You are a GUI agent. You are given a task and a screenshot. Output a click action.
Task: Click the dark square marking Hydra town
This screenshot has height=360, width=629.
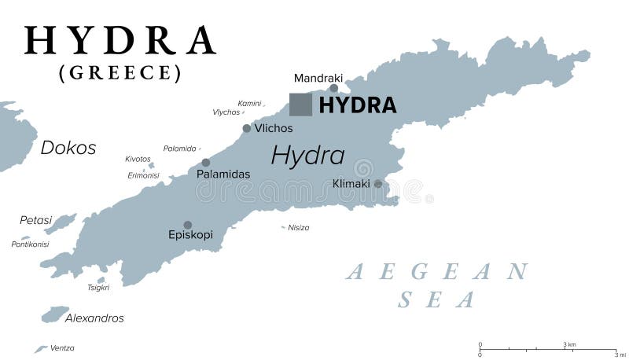[300, 105]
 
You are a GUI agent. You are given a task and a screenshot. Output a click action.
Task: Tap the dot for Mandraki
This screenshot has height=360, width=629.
[333, 89]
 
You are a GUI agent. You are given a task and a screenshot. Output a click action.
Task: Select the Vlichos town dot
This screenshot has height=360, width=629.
[247, 128]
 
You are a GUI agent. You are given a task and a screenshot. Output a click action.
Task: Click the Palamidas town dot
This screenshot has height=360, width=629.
[206, 162]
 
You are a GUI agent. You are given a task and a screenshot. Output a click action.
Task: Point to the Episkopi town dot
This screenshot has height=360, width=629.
[187, 225]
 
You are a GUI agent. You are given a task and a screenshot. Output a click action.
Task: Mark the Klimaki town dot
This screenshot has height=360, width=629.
[377, 184]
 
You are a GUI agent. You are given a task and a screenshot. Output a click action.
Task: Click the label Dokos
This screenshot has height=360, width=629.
[68, 148]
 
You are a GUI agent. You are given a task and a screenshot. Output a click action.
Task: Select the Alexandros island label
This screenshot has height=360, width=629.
[94, 318]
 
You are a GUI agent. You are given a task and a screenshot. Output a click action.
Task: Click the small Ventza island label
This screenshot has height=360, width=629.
[62, 347]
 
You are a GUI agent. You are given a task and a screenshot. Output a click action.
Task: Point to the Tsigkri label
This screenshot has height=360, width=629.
[98, 288]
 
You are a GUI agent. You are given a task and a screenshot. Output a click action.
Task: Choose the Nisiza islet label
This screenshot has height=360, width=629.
[299, 228]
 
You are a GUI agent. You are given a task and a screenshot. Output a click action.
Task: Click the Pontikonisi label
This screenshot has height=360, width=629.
[31, 244]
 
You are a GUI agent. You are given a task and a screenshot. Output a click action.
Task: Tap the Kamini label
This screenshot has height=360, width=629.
[249, 103]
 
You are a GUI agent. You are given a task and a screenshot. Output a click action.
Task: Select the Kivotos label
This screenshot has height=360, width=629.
[138, 159]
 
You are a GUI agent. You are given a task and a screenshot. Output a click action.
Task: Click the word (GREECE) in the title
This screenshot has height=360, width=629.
[120, 73]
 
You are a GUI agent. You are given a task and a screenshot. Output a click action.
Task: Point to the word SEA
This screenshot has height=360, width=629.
[437, 299]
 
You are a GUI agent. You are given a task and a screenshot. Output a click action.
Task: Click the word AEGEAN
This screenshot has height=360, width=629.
[437, 272]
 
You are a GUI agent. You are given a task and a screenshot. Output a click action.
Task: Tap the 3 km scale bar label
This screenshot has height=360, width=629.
[570, 344]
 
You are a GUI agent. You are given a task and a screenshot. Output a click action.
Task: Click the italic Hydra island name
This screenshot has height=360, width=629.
[307, 155]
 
